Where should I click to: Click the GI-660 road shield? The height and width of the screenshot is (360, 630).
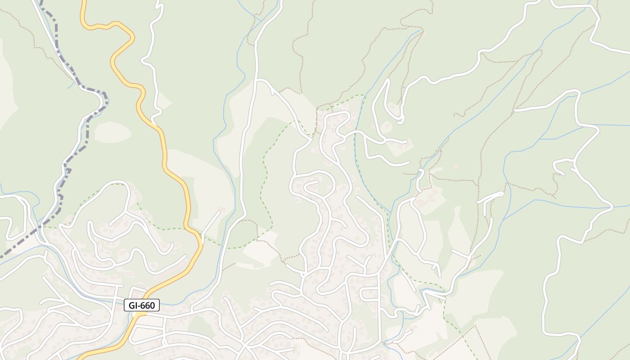[x=142, y=306]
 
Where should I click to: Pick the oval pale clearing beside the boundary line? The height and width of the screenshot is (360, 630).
[x=112, y=132]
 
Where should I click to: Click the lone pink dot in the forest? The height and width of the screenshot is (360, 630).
[x=455, y=166]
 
